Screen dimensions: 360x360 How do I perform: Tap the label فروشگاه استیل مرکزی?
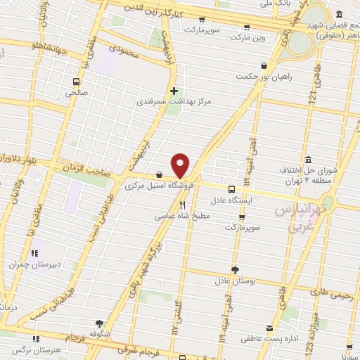coord(150,186)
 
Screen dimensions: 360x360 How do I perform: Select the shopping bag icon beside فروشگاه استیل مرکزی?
coord(160,175)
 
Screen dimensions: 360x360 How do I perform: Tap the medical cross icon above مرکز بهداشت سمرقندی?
coord(174,90)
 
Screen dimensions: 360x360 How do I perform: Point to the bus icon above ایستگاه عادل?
coord(231,188)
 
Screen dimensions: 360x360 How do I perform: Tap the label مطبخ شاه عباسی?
coord(182,217)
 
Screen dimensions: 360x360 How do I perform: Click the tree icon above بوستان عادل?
coord(235,269)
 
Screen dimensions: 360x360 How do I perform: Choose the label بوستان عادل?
coord(233,281)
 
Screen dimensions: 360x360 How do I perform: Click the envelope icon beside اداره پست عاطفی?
coord(269,329)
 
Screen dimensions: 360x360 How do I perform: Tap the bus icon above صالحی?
coord(76,81)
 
